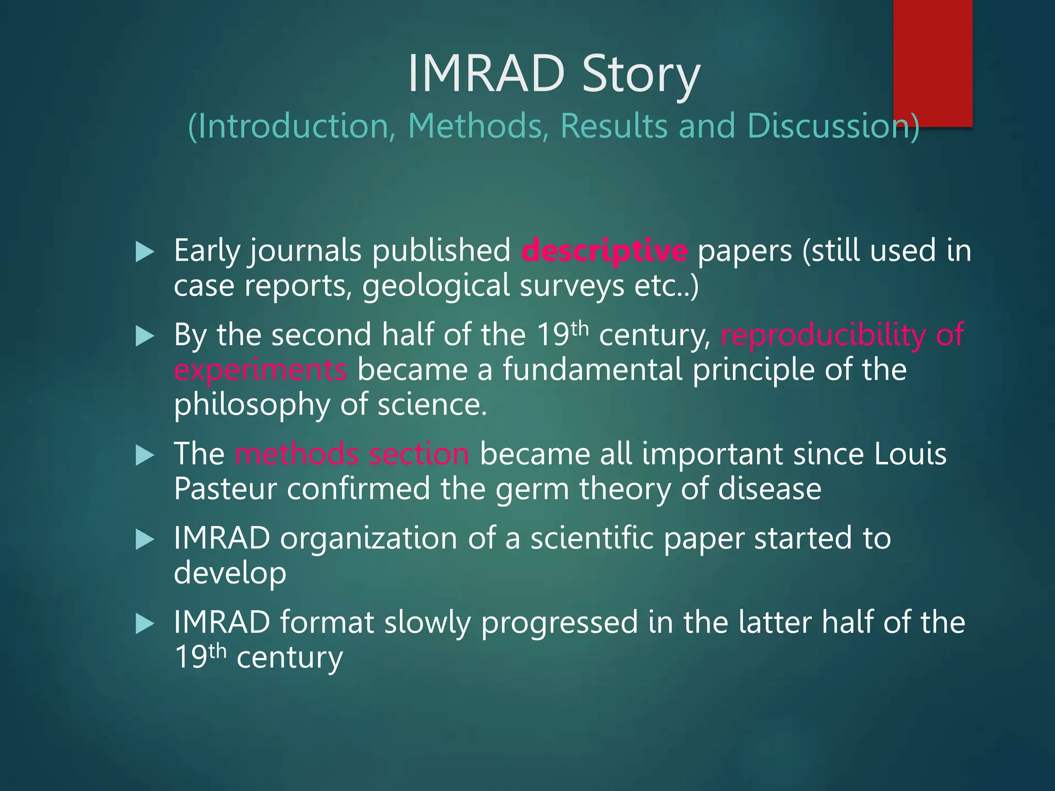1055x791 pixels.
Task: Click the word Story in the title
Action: pos(641,75)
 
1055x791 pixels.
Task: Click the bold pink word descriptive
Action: pos(604,251)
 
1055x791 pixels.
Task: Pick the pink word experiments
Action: pos(260,370)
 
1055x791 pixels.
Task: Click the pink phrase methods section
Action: pos(352,454)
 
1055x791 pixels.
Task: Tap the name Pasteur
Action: pos(225,489)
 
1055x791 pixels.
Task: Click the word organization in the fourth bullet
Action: pos(368,538)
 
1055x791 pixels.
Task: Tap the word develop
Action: pos(230,573)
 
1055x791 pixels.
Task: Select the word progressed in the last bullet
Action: pos(559,623)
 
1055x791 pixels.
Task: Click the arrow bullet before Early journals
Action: pos(145,252)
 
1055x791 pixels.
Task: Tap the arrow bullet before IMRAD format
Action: pos(145,624)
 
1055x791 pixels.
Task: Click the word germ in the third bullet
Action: pos(532,489)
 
